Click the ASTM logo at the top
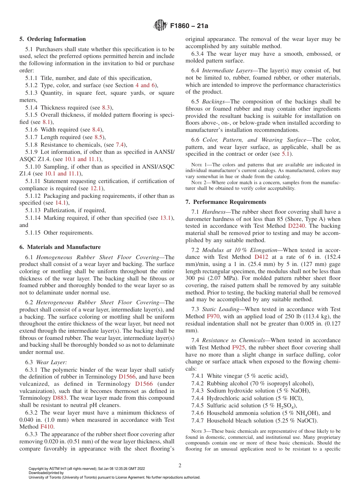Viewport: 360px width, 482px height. (160, 26)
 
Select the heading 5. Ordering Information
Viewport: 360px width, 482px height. (53, 39)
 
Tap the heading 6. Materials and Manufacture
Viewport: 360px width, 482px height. (60, 247)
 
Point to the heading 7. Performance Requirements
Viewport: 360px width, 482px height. (225, 202)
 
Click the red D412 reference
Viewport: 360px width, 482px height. (261, 257)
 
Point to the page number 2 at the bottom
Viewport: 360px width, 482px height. (180, 466)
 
